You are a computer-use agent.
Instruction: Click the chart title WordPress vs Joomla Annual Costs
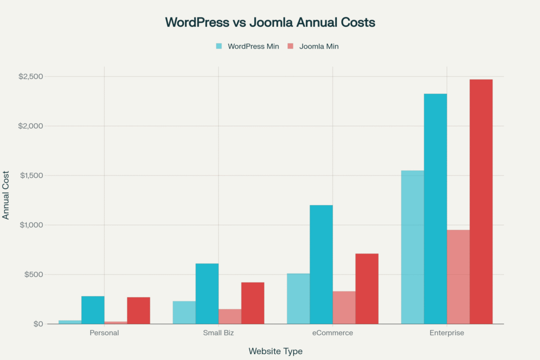[x=270, y=23]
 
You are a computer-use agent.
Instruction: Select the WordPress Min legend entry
[x=247, y=46]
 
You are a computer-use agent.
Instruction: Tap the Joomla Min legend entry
[x=313, y=46]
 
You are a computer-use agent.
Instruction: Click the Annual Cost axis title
[x=6, y=195]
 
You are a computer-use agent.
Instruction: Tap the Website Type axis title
[x=275, y=351]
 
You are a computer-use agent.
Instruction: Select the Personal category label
[x=104, y=333]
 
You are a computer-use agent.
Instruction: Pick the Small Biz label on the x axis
[x=218, y=333]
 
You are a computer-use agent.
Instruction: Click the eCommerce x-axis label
[x=333, y=333]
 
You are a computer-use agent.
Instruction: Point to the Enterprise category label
[x=447, y=333]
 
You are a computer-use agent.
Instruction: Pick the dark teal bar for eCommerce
[x=321, y=264]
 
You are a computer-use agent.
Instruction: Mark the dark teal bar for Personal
[x=93, y=310]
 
